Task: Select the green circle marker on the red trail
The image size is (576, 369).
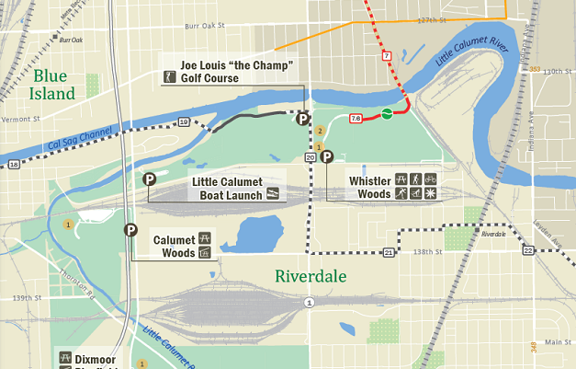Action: pyautogui.click(x=387, y=114)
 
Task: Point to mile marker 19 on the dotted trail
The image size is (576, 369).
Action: pyautogui.click(x=184, y=122)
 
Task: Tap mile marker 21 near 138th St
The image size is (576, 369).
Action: pyautogui.click(x=389, y=252)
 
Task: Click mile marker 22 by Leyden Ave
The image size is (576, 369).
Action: pyautogui.click(x=527, y=250)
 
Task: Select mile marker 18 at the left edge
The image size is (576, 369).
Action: pyautogui.click(x=13, y=164)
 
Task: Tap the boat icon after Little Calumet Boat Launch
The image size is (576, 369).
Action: pyautogui.click(x=273, y=194)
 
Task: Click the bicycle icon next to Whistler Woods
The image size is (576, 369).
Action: pyautogui.click(x=430, y=179)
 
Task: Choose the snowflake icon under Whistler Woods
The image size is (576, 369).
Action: pyautogui.click(x=430, y=194)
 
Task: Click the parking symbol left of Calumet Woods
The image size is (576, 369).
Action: pyautogui.click(x=131, y=230)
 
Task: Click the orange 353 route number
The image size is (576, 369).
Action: pyautogui.click(x=535, y=68)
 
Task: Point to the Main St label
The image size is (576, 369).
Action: pyautogui.click(x=551, y=342)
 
